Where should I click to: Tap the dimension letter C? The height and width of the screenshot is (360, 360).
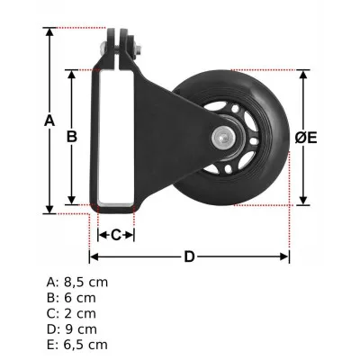[x=115, y=235]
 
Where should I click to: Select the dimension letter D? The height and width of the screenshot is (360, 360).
[x=189, y=257]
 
